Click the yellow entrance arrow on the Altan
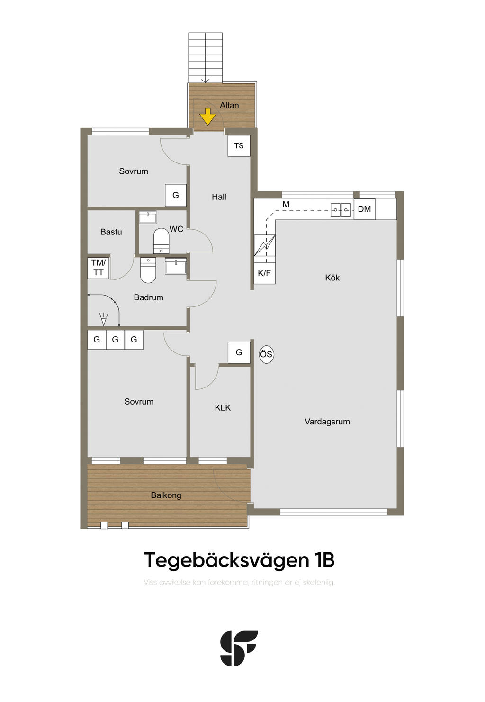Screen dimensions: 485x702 [x=208, y=117]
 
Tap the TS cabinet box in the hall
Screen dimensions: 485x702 [x=239, y=146]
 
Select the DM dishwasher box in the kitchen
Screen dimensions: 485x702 [x=364, y=209]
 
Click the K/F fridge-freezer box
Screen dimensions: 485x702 [x=264, y=273]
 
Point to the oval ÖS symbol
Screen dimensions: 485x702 [x=266, y=354]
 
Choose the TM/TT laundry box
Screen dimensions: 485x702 [x=99, y=268]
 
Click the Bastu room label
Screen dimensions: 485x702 [x=111, y=232]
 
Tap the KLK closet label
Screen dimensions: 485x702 [x=223, y=408]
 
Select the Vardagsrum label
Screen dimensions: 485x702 [x=327, y=422]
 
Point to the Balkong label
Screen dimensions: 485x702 [x=166, y=495]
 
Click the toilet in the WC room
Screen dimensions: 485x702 [x=162, y=241]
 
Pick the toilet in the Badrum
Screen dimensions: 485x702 [x=148, y=270]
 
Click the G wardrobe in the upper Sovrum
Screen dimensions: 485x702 [x=176, y=195]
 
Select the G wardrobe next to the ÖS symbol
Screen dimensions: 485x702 [x=239, y=352]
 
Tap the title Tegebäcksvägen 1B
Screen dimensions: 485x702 [x=239, y=560]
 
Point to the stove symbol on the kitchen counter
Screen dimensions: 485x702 [x=264, y=245]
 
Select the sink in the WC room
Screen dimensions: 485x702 [x=148, y=217]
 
